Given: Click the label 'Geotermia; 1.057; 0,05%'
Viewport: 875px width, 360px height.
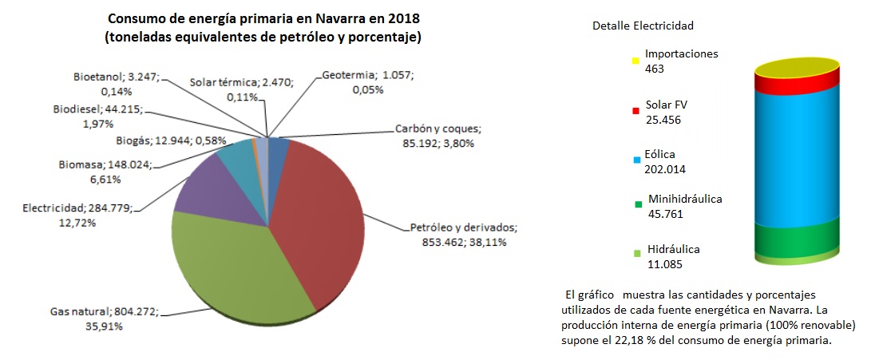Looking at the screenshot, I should pyautogui.click(x=368, y=82).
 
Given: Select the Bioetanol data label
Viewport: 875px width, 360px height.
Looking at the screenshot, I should pyautogui.click(x=117, y=85).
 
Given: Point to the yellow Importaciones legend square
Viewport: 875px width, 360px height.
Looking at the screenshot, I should pyautogui.click(x=635, y=61).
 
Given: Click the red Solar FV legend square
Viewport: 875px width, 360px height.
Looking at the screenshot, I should pyautogui.click(x=635, y=110).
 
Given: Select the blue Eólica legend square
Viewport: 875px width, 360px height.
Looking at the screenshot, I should pyautogui.click(x=635, y=160).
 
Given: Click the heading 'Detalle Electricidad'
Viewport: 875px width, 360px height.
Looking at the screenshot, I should pyautogui.click(x=643, y=26).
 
